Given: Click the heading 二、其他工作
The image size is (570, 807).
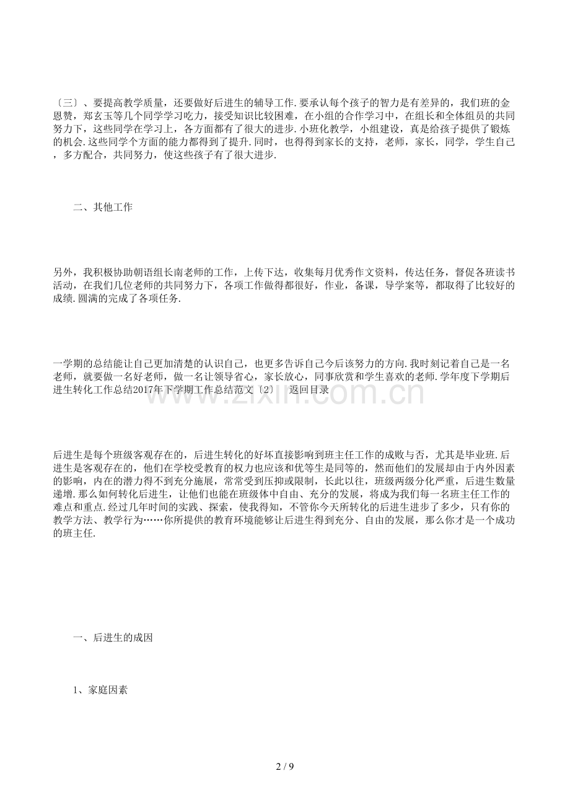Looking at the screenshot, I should (102, 208).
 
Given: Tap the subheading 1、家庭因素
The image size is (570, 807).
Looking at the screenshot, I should (100, 690).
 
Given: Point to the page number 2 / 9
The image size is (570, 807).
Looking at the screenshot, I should (285, 767).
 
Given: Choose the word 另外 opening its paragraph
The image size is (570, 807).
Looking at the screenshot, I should (63, 271).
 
